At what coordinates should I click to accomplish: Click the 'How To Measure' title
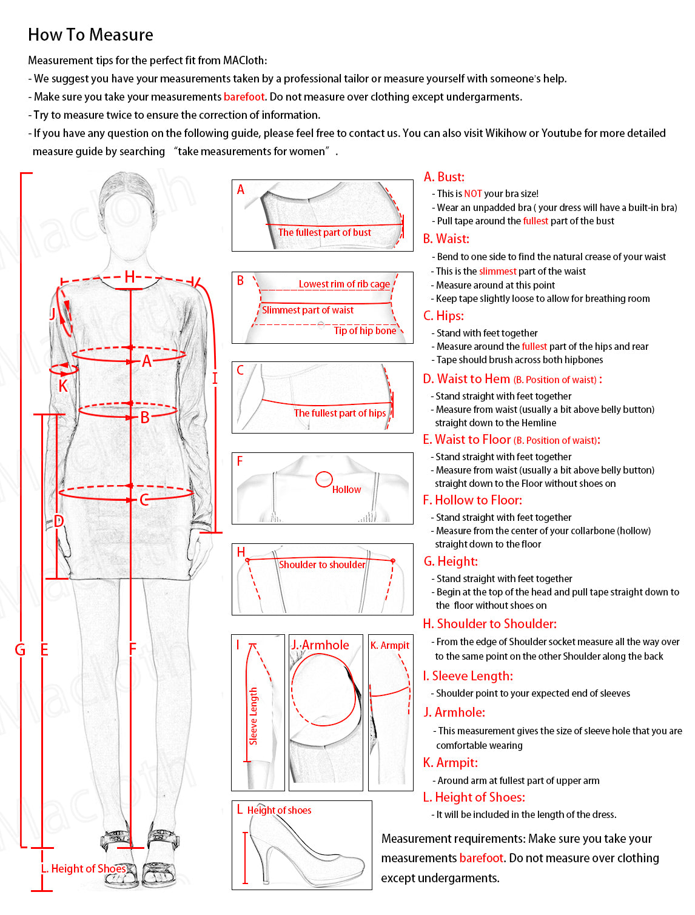point(90,35)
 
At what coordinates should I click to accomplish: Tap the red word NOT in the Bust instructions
point(473,194)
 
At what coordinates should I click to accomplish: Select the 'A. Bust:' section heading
point(444,177)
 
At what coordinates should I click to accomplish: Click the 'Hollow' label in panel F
point(346,490)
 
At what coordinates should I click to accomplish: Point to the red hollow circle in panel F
point(324,480)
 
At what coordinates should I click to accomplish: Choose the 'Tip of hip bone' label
point(364,331)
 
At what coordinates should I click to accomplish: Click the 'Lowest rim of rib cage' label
point(344,284)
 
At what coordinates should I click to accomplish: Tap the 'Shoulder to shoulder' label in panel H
point(322,565)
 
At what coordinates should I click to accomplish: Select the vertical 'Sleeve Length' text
point(253,716)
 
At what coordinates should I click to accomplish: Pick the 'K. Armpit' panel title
point(390,645)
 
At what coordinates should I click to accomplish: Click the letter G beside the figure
point(20,650)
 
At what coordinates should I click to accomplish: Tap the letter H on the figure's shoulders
point(129,277)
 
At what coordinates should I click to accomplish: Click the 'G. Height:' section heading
point(451,561)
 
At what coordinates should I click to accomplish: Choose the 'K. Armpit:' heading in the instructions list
point(451,763)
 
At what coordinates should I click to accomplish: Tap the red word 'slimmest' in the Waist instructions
point(498,272)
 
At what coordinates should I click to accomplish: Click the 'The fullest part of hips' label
point(340,414)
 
